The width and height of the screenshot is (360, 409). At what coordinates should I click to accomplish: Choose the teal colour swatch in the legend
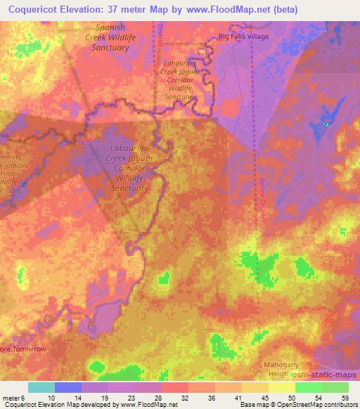(41, 387)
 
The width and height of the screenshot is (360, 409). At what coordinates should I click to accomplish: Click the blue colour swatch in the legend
(68, 387)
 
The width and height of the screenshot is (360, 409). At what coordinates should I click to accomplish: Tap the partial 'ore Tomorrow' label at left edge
(22, 349)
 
